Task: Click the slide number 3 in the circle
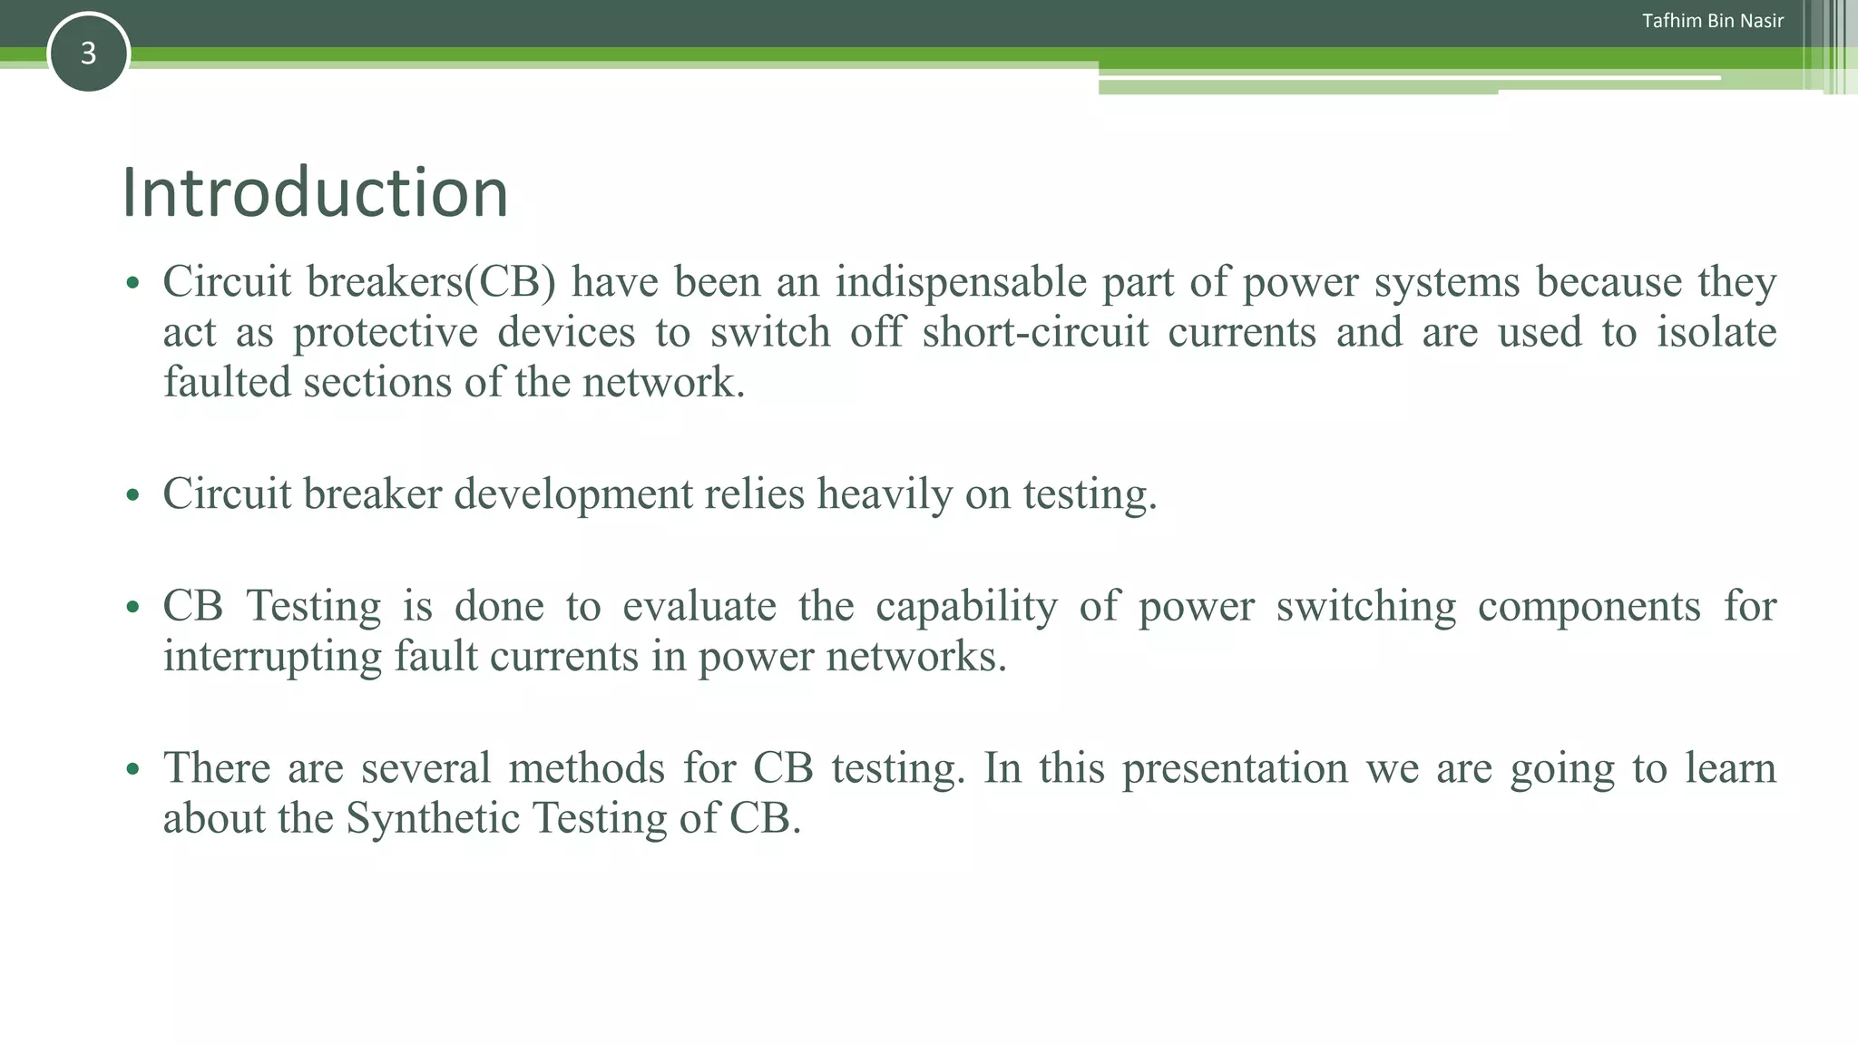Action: [x=88, y=54]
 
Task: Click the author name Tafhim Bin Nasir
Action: [x=1712, y=21]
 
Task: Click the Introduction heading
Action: [x=315, y=192]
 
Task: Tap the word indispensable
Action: [x=961, y=282]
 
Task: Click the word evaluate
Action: [x=699, y=606]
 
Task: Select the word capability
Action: [x=966, y=606]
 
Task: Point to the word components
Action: [x=1589, y=606]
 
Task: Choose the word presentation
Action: [x=1235, y=768]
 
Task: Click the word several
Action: [x=425, y=768]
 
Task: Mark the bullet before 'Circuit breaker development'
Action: [x=133, y=495]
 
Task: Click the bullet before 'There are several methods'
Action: [x=133, y=770]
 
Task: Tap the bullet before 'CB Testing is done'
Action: [x=133, y=608]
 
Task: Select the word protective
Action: [x=385, y=332]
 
